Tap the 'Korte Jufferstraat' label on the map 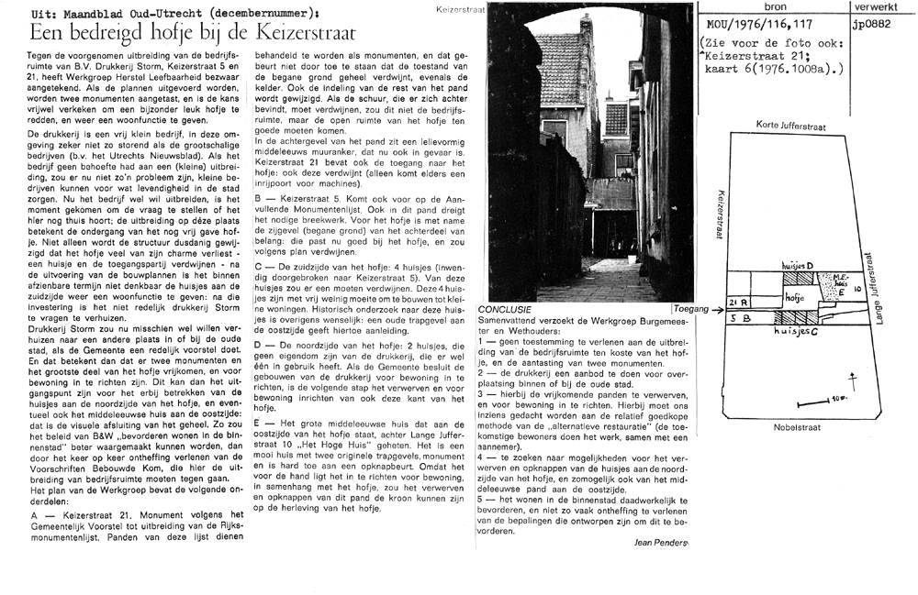point(789,125)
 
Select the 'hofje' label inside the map point(795,298)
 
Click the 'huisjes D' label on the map point(797,264)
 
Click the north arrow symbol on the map point(853,380)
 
